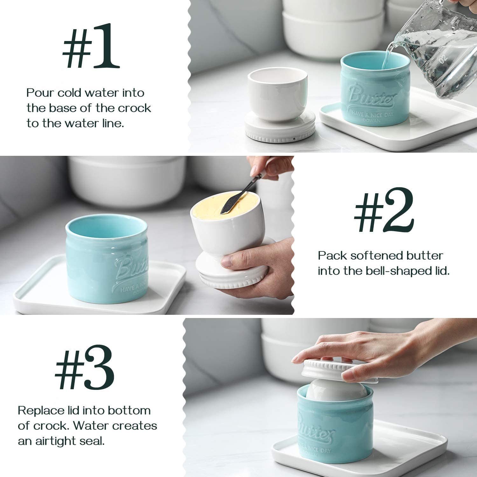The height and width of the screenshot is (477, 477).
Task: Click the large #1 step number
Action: coord(91,46)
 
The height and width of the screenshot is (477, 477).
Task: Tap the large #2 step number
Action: coord(384,210)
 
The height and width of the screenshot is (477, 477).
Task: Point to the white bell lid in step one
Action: coord(279,105)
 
